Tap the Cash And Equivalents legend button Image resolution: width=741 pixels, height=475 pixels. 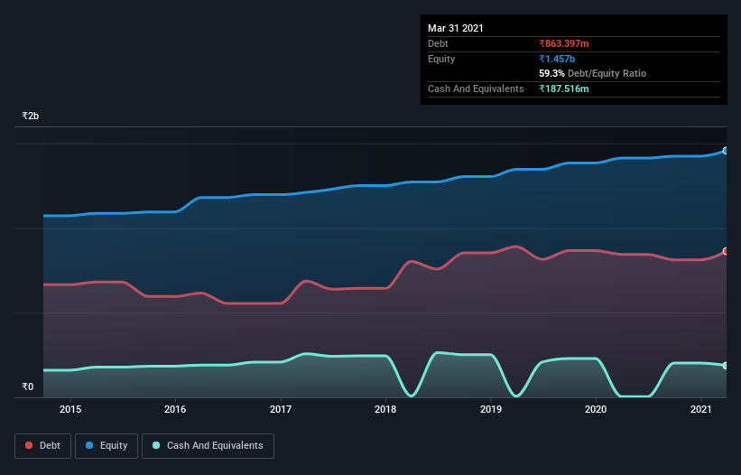click(x=208, y=445)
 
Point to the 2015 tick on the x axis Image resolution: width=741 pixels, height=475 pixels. click(x=70, y=409)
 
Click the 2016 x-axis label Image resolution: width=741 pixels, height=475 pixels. click(x=175, y=409)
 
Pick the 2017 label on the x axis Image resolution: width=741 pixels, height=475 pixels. click(x=281, y=409)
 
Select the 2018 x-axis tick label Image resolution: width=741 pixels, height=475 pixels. click(x=385, y=409)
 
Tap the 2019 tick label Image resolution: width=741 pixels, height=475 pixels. click(x=491, y=409)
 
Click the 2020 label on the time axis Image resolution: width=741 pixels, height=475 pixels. click(x=596, y=409)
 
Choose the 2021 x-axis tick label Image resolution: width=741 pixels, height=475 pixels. click(x=701, y=409)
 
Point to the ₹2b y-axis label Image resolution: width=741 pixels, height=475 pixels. click(x=31, y=116)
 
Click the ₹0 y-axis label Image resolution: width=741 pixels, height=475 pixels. click(x=27, y=387)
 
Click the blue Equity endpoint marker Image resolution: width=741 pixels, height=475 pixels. click(x=726, y=151)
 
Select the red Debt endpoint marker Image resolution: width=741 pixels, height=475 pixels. click(x=726, y=251)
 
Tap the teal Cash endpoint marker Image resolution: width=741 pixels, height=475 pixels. click(x=726, y=365)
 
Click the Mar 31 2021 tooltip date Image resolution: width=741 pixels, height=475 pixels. click(x=456, y=28)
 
